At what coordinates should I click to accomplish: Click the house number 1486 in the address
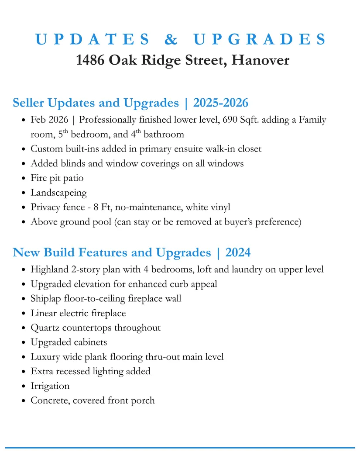pos(90,60)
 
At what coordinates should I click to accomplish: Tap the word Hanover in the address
pos(260,60)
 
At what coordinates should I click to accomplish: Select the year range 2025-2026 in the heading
pos(220,103)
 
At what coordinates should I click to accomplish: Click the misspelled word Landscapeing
pos(58,193)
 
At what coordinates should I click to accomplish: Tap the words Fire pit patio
pos(57,178)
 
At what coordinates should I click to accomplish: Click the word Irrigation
pos(50,386)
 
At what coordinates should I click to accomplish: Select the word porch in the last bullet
pos(143,400)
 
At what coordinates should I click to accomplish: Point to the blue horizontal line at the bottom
pos(180,448)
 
